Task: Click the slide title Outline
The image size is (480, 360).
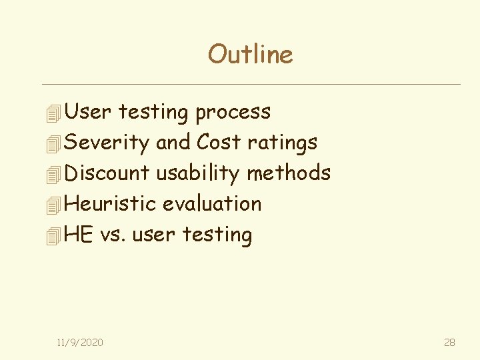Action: click(x=250, y=54)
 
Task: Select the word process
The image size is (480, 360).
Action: click(x=233, y=112)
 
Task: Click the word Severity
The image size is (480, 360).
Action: click(x=107, y=142)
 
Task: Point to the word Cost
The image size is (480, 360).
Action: click(x=219, y=142)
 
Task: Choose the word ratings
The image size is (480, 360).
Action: click(x=282, y=142)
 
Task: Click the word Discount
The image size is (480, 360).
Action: click(x=107, y=173)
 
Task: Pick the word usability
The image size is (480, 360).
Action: click(x=197, y=173)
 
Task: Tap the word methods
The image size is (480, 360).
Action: click(x=288, y=173)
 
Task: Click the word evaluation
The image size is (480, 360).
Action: click(x=212, y=203)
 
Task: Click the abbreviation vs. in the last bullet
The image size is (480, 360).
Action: click(x=113, y=234)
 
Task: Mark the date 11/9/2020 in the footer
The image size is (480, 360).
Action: click(x=80, y=342)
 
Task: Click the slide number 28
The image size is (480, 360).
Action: click(x=449, y=342)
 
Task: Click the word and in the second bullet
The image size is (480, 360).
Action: click(x=173, y=142)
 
